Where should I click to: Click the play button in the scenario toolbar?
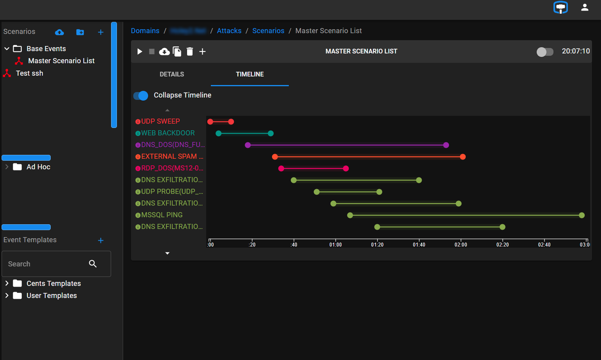[140, 51]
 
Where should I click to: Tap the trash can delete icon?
[190, 51]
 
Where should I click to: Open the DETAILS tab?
[171, 74]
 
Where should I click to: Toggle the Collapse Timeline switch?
[141, 96]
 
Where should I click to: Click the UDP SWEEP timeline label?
[160, 121]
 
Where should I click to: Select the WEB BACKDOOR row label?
[168, 133]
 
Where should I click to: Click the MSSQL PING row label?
[161, 215]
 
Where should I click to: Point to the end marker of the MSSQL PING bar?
[582, 215]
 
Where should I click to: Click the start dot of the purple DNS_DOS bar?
[248, 145]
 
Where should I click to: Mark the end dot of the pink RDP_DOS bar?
[346, 168]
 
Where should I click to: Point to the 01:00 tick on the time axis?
[335, 244]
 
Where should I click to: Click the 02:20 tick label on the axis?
[502, 244]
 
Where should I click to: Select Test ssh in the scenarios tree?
[29, 73]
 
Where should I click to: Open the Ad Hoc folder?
[38, 167]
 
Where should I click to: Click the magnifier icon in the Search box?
[93, 264]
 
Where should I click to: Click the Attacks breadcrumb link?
[229, 31]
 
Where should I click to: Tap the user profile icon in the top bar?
[584, 7]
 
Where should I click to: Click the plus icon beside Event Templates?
[101, 240]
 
